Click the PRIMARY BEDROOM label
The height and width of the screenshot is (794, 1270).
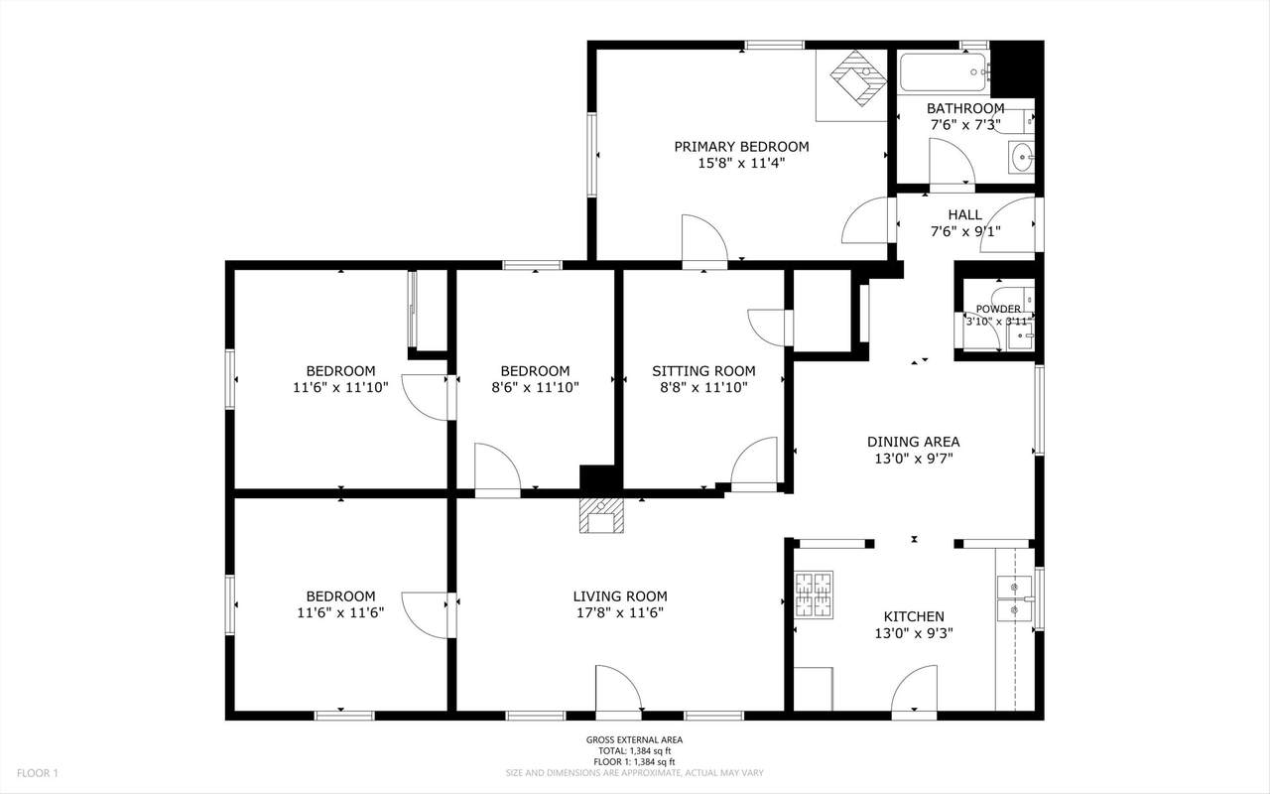click(x=741, y=146)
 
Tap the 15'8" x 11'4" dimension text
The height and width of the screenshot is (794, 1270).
click(x=741, y=164)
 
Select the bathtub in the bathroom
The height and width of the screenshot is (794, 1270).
click(x=944, y=72)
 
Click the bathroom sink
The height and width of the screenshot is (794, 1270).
click(x=1022, y=157)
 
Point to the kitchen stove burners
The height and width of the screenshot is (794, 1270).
click(x=814, y=595)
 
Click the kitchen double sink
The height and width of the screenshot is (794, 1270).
click(x=1014, y=598)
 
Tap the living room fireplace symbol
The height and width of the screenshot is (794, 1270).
click(x=601, y=516)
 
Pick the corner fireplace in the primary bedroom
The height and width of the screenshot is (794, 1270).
click(x=857, y=78)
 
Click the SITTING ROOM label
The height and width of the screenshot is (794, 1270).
click(x=703, y=371)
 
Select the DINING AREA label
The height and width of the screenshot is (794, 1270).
click(x=914, y=442)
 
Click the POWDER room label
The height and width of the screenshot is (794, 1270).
click(x=998, y=309)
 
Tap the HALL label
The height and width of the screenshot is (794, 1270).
click(x=965, y=215)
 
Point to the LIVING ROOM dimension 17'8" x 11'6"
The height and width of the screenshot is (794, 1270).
click(x=620, y=613)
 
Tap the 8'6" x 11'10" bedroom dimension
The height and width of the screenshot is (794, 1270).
click(x=535, y=388)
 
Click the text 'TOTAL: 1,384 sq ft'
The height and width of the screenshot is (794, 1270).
click(x=634, y=751)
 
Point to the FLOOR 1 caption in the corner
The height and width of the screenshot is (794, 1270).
click(x=38, y=773)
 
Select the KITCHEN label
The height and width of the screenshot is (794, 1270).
click(x=914, y=616)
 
